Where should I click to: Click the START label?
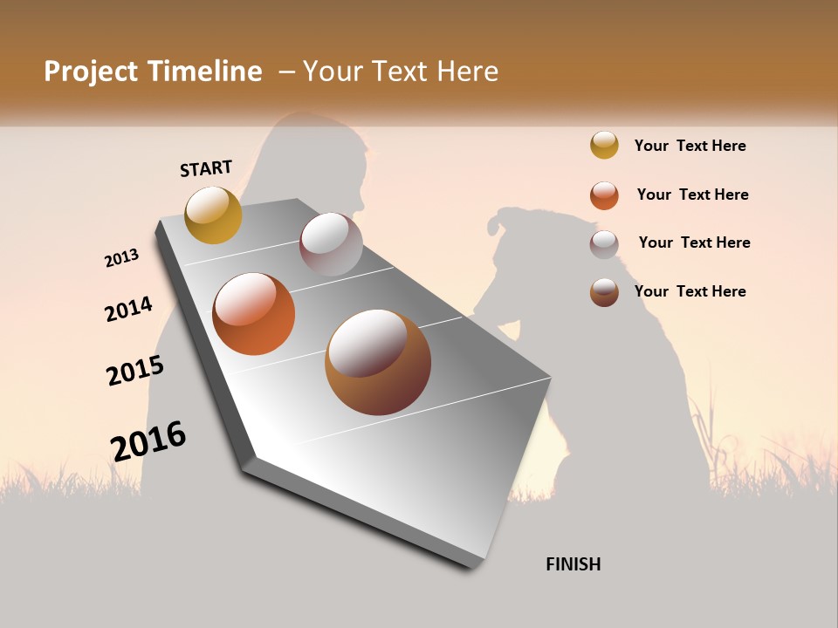(x=206, y=168)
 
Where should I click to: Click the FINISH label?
(x=574, y=564)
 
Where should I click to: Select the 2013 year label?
(x=122, y=258)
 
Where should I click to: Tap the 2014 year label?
(x=129, y=310)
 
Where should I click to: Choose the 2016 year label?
(x=148, y=440)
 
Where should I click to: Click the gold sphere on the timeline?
(x=214, y=215)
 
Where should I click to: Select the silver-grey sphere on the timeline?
(x=331, y=243)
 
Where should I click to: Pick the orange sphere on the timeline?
(x=254, y=314)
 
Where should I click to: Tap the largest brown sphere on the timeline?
(x=378, y=362)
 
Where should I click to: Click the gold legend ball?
(x=604, y=145)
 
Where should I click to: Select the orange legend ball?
(x=604, y=195)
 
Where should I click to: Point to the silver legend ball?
(x=604, y=244)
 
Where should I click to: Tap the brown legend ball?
(x=604, y=292)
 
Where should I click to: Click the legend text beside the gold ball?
(x=690, y=146)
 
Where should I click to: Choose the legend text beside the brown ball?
(x=690, y=291)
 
